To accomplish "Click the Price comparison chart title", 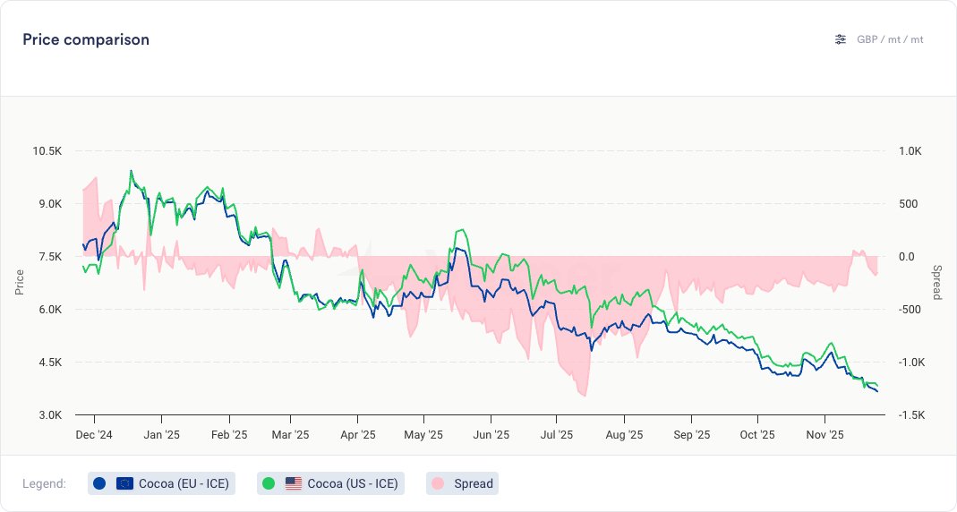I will tap(86, 39).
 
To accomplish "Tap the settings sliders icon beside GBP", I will tap(840, 39).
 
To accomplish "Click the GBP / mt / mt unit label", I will tap(890, 39).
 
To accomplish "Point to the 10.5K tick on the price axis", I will tap(47, 151).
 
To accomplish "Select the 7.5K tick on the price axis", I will tap(49, 257).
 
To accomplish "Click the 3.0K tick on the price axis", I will tap(49, 415).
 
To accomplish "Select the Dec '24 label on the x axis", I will tap(95, 435).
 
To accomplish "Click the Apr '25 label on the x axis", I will tap(357, 435).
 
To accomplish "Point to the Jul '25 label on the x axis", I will tap(557, 435).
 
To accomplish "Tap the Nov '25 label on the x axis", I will tap(824, 435).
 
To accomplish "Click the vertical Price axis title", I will tap(20, 283).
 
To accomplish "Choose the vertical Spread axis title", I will tap(936, 283).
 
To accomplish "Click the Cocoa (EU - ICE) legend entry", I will tap(162, 483).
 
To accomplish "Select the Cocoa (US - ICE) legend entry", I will tap(330, 483).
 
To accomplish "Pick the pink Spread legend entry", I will tap(462, 483).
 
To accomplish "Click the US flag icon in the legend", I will tap(294, 483).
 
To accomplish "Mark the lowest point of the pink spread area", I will tap(584, 396).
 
